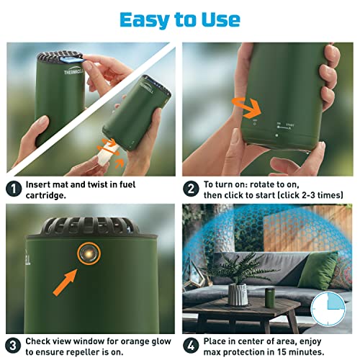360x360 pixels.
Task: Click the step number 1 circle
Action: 14,189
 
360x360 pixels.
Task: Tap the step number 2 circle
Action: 191,189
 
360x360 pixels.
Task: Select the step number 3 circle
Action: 13,346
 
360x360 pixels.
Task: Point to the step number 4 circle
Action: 191,346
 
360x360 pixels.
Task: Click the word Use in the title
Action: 221,20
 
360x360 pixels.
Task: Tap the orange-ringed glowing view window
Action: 89,253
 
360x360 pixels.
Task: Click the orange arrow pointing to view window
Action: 65,282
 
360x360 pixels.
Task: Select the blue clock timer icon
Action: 328,309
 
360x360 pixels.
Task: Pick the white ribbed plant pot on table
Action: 238,294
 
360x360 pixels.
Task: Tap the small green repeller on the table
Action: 270,298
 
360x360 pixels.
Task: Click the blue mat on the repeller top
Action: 71,59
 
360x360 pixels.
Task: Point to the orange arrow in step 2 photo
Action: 246,107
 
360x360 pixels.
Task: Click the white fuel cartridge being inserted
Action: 107,153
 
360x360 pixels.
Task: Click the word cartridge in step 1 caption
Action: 45,196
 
